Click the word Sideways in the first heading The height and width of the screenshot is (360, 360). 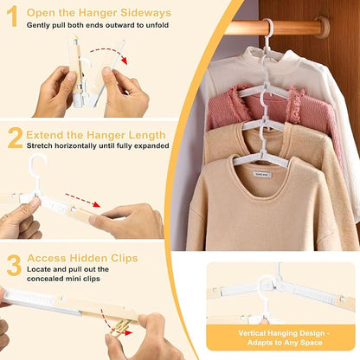142,13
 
